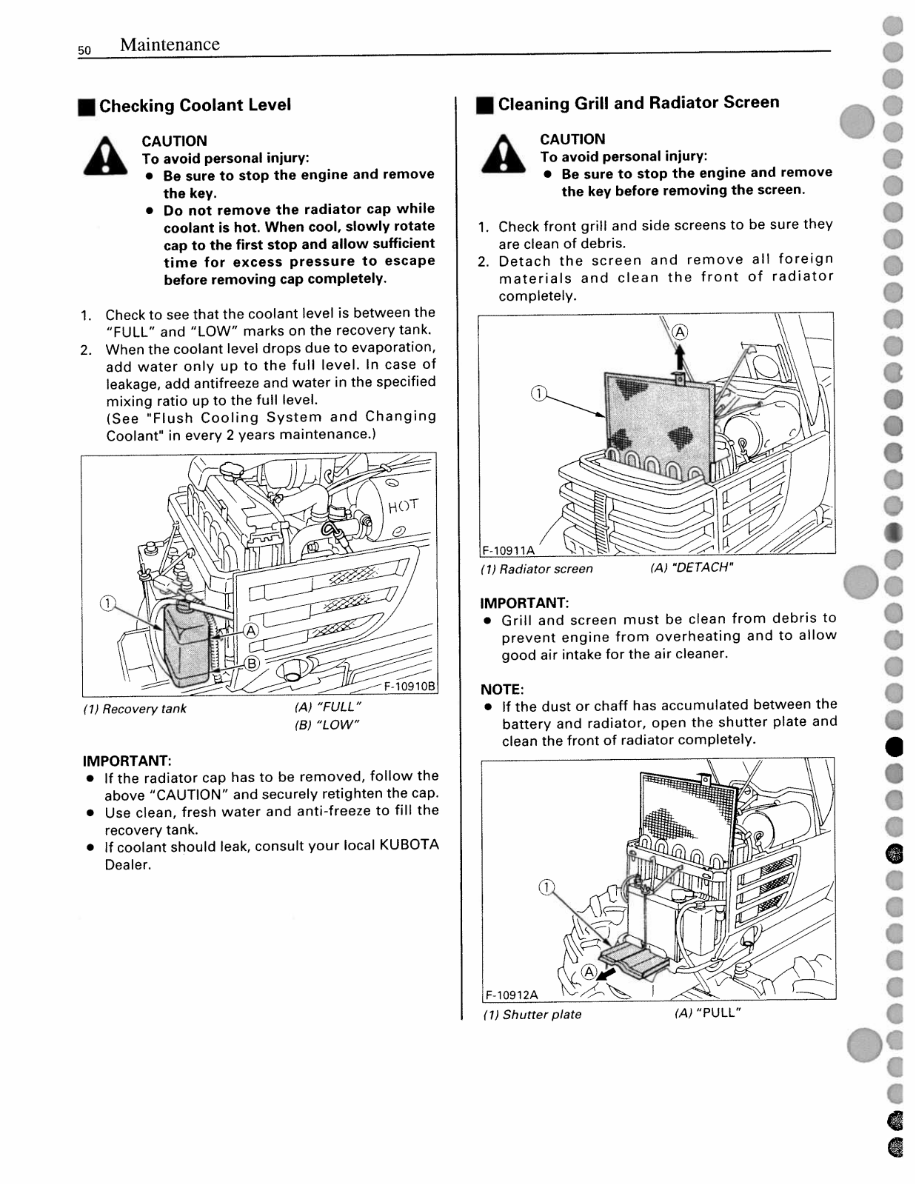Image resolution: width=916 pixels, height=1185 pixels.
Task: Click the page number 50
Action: (x=84, y=50)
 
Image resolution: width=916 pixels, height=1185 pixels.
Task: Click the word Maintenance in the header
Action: (x=170, y=44)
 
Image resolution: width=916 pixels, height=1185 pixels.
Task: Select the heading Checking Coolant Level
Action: (x=195, y=105)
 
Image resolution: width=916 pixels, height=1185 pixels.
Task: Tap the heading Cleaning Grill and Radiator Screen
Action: (x=638, y=103)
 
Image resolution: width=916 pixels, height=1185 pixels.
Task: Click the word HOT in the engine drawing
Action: (x=403, y=507)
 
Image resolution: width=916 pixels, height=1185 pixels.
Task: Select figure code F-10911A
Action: (x=508, y=550)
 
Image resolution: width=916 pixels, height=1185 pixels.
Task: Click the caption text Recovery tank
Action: (x=144, y=709)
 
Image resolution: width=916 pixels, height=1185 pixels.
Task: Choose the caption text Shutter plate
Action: (x=541, y=1015)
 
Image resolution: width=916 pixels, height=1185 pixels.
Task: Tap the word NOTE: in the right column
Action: (x=502, y=690)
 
